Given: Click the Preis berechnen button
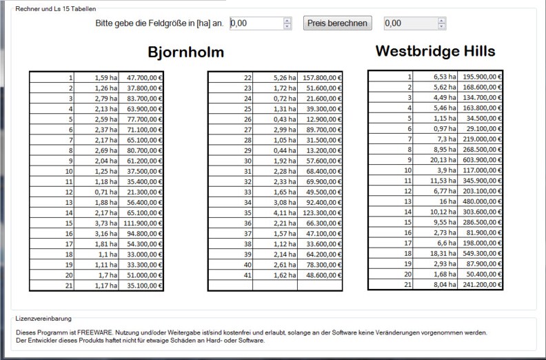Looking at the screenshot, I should (x=337, y=23).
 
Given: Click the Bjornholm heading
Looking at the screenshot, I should (x=186, y=53).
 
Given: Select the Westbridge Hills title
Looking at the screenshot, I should (x=435, y=51).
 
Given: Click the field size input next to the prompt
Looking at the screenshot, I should (x=255, y=23).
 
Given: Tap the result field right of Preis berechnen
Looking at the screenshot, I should (x=410, y=23).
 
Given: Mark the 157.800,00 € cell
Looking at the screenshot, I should (x=321, y=78).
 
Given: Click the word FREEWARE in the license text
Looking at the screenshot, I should (x=83, y=332).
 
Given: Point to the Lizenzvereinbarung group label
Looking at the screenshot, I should (x=42, y=319).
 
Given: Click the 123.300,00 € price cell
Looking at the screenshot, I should (x=321, y=214).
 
